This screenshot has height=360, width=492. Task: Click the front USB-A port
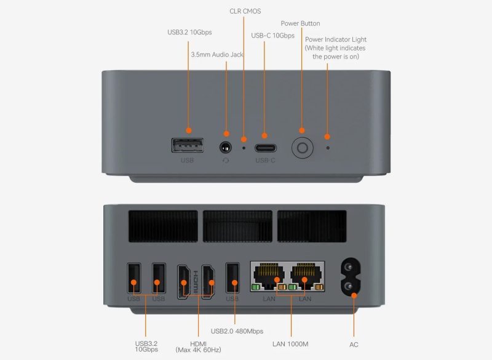click(188, 145)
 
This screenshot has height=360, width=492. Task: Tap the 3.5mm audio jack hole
click(226, 147)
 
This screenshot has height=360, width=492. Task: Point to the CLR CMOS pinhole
click(244, 148)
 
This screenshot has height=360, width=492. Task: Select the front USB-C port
click(266, 148)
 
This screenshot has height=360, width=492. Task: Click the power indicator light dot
click(328, 148)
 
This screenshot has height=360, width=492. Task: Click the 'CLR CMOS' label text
click(245, 11)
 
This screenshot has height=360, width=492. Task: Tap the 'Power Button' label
click(300, 23)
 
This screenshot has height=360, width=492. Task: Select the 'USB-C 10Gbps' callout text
click(272, 36)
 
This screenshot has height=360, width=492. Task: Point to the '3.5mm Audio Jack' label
click(217, 55)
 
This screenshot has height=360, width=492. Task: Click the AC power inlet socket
click(351, 277)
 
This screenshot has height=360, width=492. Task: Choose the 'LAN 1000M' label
click(290, 344)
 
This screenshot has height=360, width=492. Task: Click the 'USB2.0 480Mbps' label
click(237, 331)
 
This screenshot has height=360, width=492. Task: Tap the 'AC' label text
click(354, 345)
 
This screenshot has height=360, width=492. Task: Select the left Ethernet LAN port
click(269, 276)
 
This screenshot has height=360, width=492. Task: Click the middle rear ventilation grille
click(237, 226)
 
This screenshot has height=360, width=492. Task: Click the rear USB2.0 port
click(232, 278)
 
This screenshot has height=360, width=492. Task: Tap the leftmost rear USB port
click(134, 278)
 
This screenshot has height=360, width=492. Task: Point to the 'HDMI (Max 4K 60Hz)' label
click(198, 347)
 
